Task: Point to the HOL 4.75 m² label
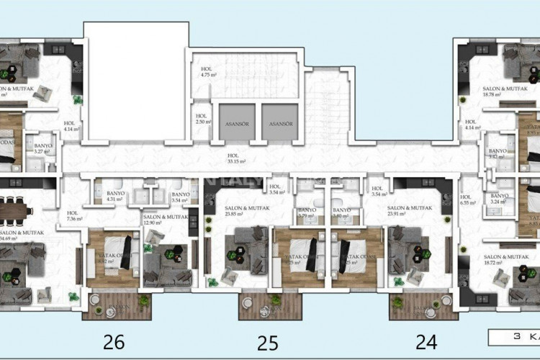tap(209, 71)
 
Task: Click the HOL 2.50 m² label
tap(202, 119)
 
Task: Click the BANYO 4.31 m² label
tap(115, 197)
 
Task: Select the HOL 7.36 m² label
tap(74, 216)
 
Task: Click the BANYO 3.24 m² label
tap(500, 199)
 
